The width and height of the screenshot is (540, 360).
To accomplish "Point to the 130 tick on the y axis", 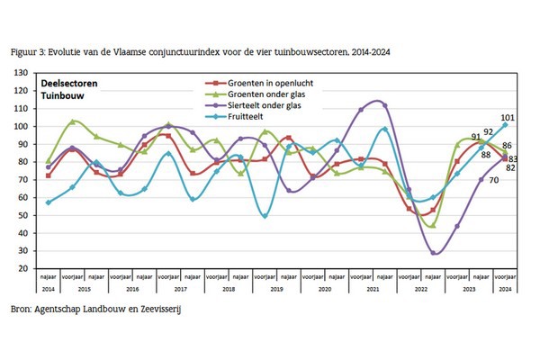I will pos(22,73).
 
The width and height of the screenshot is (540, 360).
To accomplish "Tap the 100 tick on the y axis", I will pos(22,126).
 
